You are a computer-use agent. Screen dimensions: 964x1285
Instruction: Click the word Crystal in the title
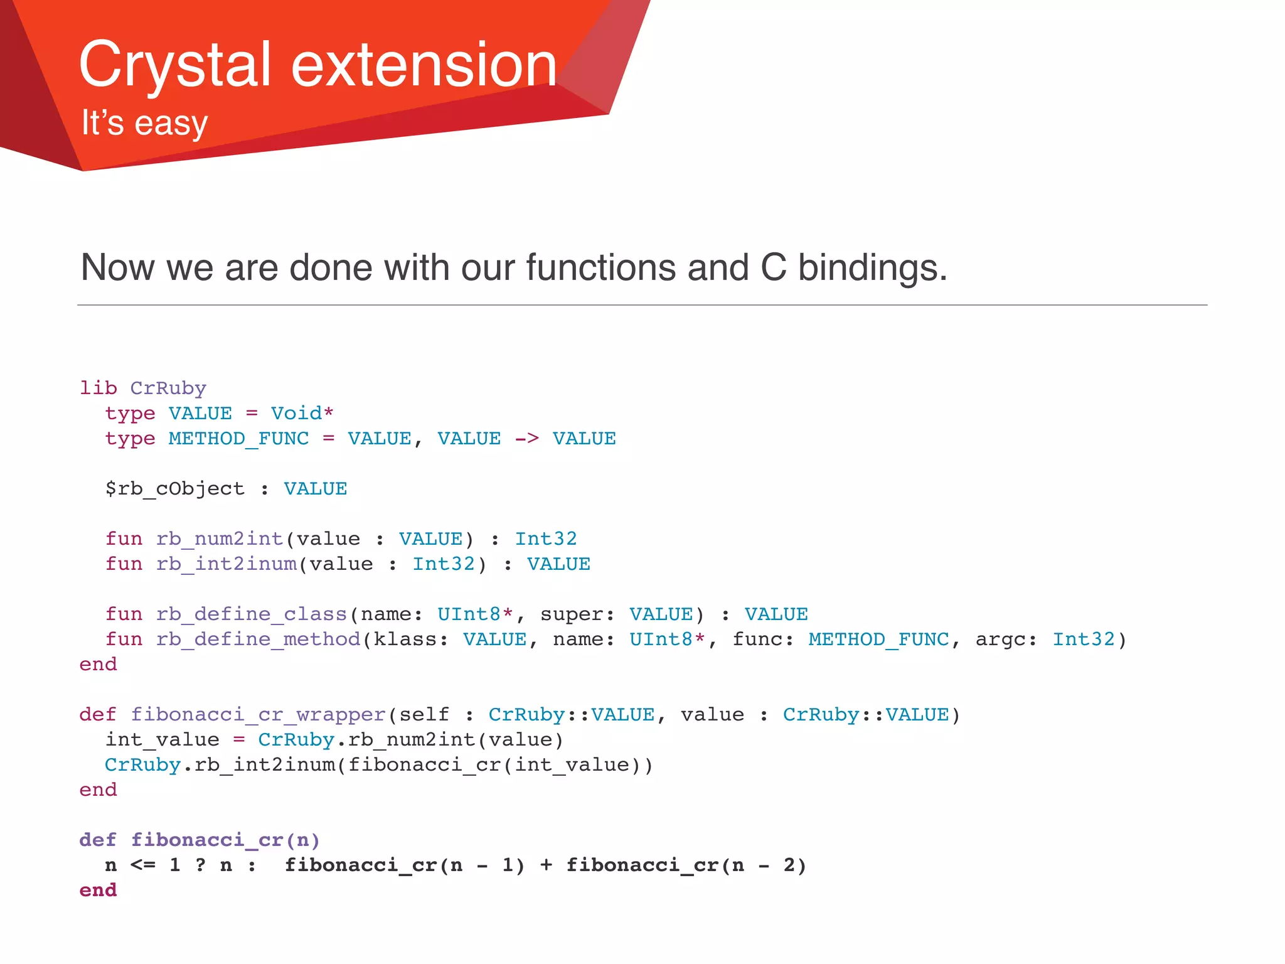pos(174,65)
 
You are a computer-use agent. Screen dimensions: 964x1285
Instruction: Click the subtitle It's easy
pos(144,122)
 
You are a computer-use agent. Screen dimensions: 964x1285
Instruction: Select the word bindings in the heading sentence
pos(872,267)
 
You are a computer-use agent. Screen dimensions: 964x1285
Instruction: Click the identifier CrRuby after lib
pos(168,388)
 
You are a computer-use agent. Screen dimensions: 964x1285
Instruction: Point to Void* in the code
pos(302,414)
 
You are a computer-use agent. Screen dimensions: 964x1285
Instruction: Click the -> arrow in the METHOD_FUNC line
pos(526,439)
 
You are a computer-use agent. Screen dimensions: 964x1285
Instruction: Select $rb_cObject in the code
pos(174,489)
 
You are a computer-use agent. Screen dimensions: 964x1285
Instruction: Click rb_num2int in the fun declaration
pos(220,539)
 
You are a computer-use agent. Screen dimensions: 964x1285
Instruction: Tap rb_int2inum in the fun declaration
pos(227,564)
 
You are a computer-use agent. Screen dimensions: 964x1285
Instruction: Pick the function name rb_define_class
pos(252,614)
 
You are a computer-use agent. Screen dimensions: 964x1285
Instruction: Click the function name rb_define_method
pos(258,640)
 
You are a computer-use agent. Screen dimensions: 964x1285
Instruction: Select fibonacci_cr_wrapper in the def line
pos(258,715)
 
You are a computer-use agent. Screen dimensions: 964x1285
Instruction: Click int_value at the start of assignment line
pos(162,740)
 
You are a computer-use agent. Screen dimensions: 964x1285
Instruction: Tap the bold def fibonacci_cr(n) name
pos(207,840)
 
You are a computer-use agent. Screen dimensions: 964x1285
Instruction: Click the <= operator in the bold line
pos(143,865)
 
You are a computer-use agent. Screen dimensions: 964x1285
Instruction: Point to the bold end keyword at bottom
pos(98,891)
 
